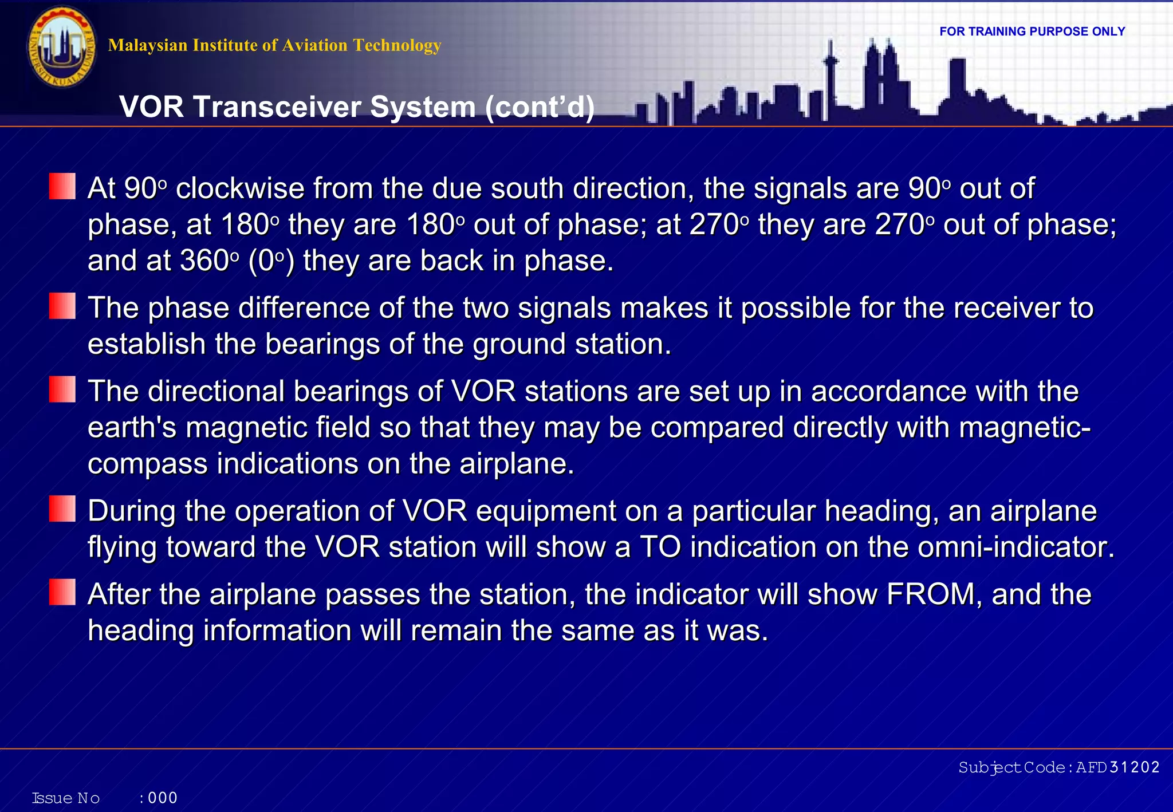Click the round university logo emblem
(x=62, y=47)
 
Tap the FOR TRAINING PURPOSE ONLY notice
(x=1032, y=31)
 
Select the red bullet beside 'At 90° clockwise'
(x=62, y=186)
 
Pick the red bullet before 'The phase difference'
(x=62, y=306)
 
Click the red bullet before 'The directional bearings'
(x=62, y=389)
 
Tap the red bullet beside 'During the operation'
(x=62, y=509)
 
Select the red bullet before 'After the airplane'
(x=62, y=592)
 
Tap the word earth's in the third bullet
(x=132, y=428)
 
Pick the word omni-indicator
(x=1015, y=547)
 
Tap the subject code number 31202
(x=1134, y=767)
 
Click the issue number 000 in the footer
(x=163, y=798)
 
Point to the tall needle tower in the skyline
(x=830, y=74)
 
